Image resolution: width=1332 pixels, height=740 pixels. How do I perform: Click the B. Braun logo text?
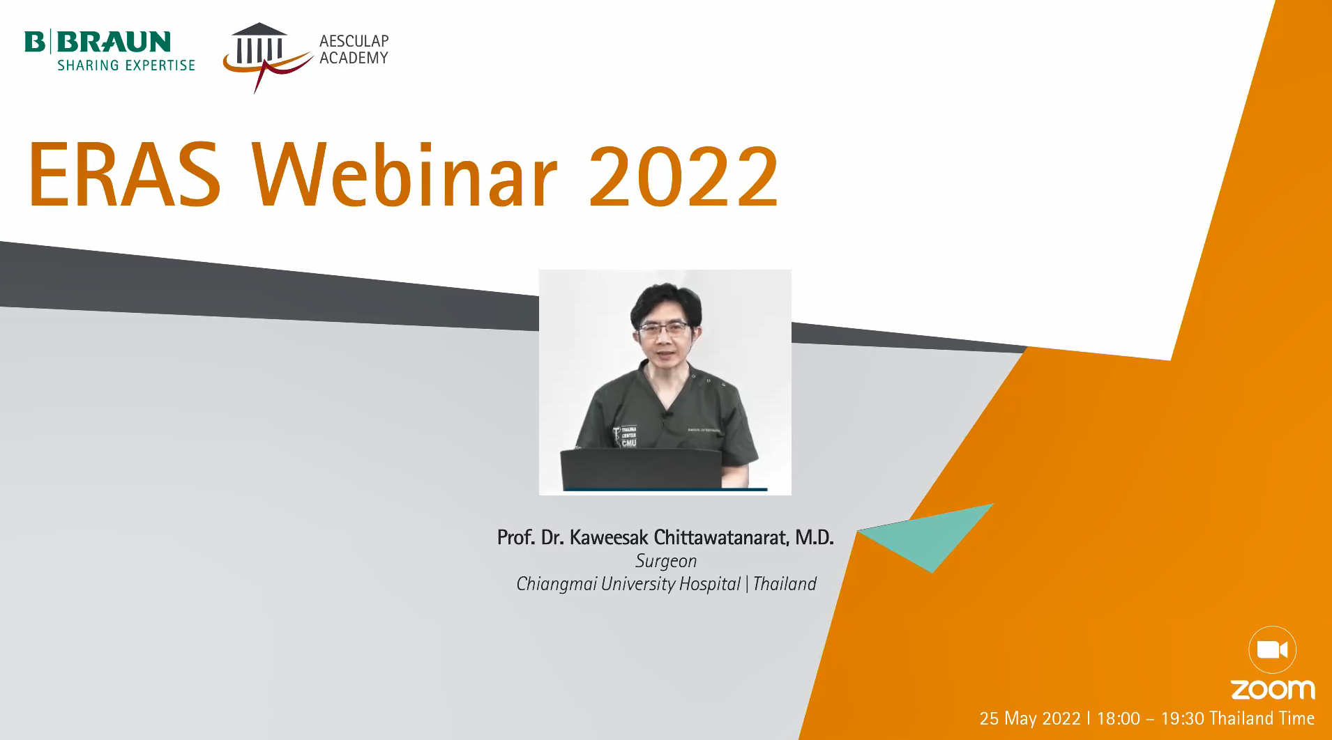point(98,42)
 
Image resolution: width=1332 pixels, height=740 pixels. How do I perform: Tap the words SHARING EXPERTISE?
point(126,65)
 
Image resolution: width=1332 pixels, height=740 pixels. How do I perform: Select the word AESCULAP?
point(354,41)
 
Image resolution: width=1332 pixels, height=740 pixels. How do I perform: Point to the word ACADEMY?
point(354,58)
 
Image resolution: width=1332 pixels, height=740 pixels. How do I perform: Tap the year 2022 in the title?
point(683,176)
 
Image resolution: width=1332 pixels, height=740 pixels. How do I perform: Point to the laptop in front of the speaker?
point(641,469)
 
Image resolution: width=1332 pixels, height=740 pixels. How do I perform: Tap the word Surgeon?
point(666,562)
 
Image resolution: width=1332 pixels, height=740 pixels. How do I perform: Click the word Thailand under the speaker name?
point(785,584)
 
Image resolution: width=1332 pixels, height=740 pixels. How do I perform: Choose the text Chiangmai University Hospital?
point(628,585)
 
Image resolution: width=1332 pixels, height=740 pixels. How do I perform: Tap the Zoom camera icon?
point(1272,650)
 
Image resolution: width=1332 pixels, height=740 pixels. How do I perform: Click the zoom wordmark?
point(1273,690)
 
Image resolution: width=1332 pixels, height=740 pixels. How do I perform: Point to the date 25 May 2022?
point(1030,718)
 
